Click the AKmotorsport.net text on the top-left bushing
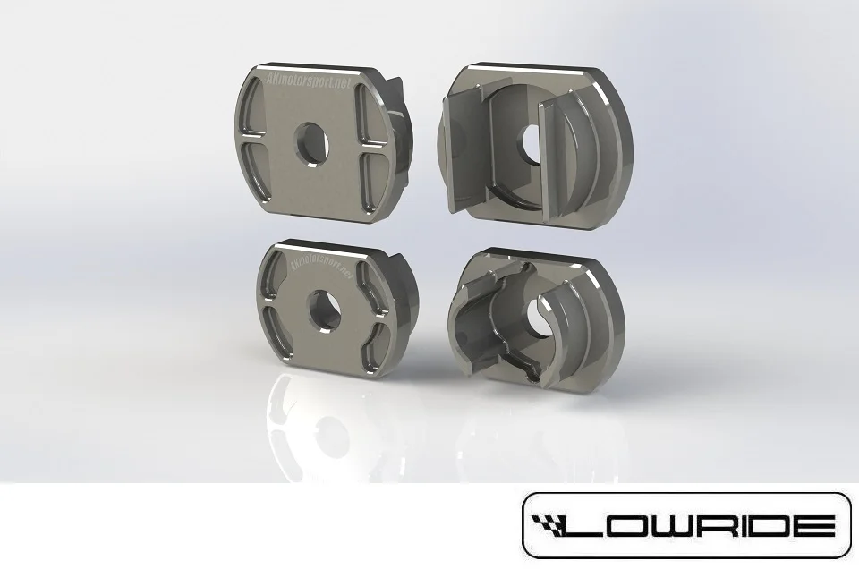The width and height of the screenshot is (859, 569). pyautogui.click(x=307, y=81)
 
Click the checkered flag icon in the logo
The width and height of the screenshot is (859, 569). pyautogui.click(x=554, y=526)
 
